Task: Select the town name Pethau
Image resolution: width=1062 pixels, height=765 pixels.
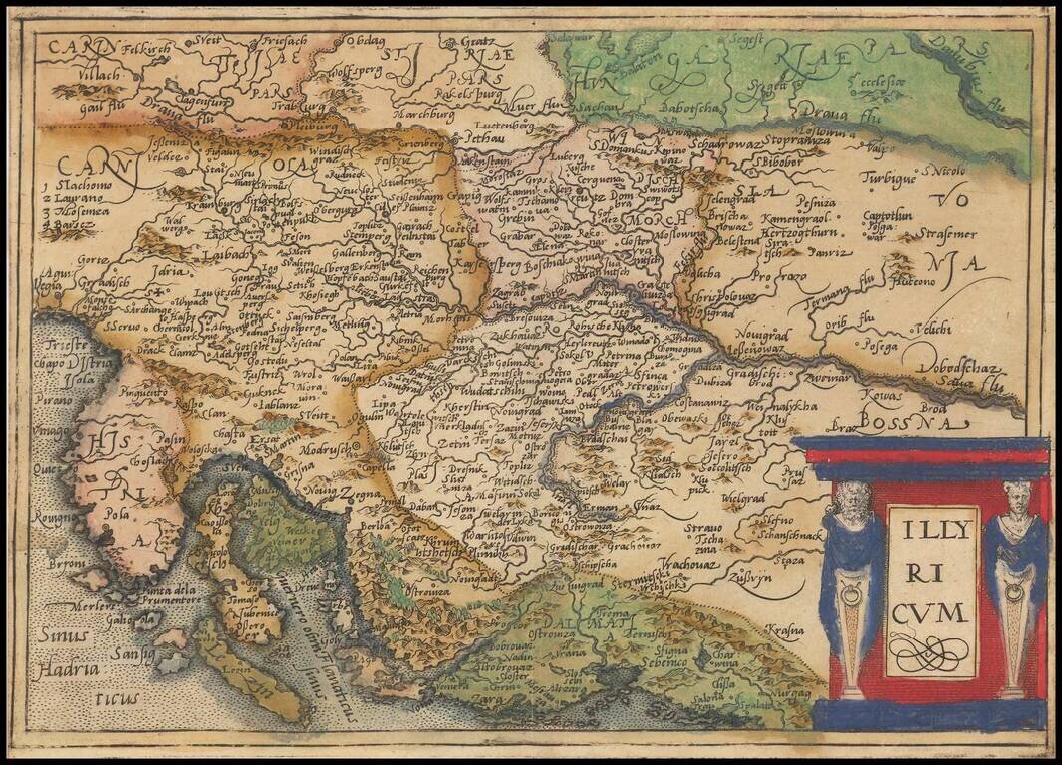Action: pos(484,140)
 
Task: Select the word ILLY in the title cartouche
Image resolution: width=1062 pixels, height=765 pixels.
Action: pos(931,530)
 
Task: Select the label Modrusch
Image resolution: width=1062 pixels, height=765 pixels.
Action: pos(325,450)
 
